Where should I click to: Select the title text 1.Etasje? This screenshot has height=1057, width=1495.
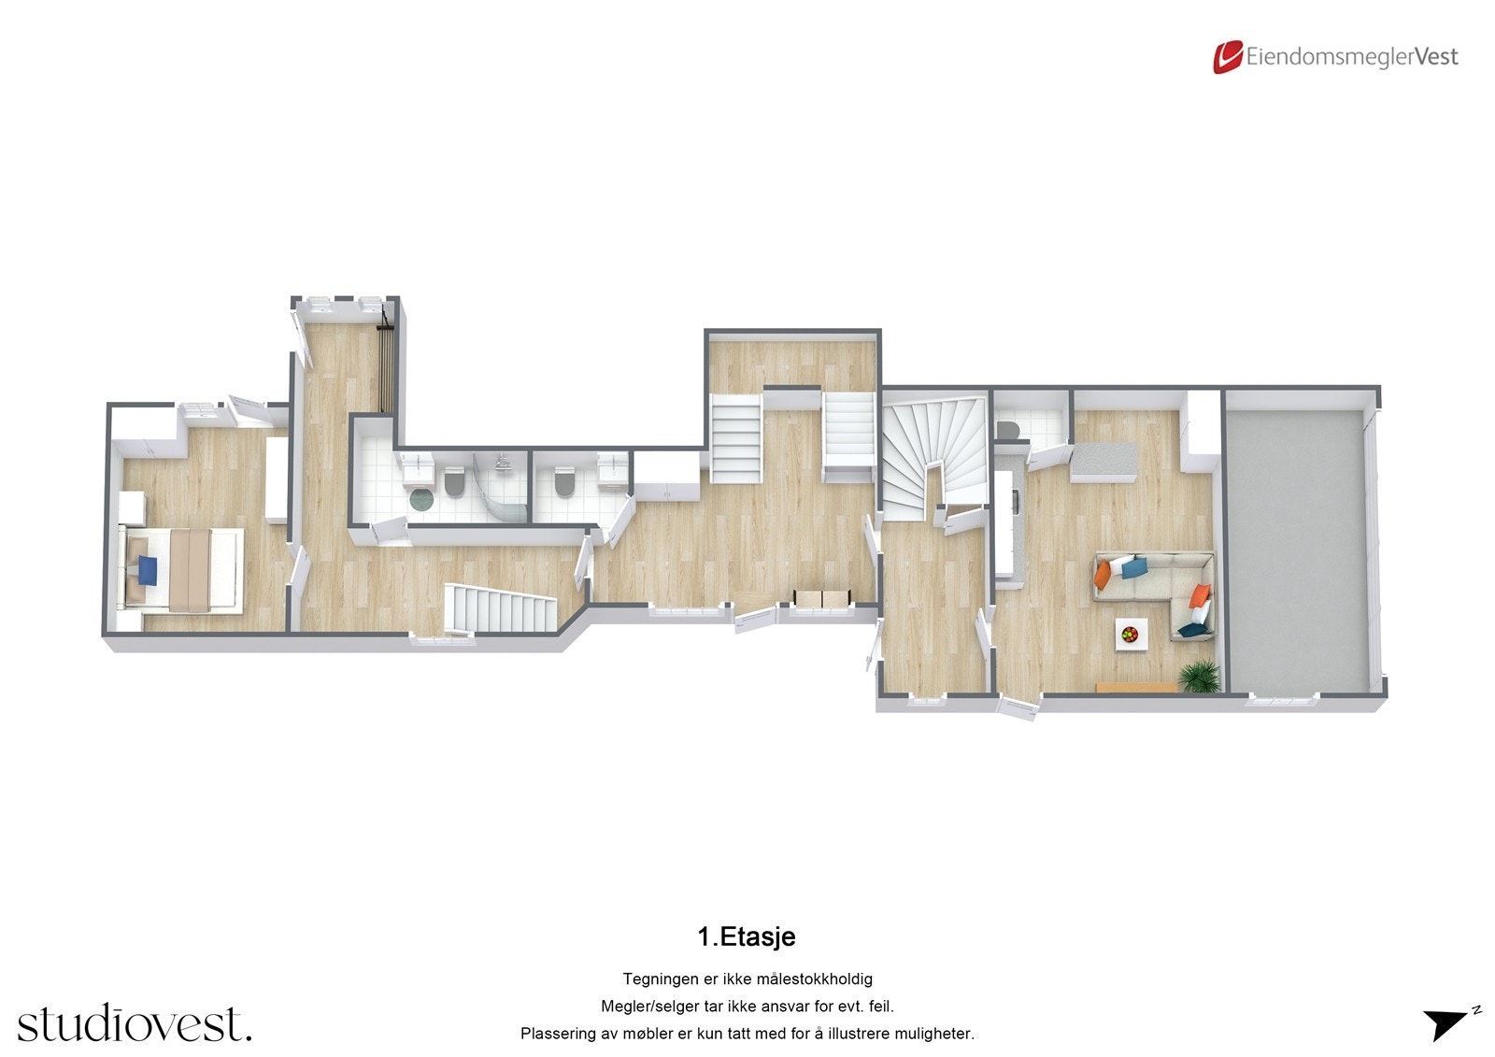tap(747, 936)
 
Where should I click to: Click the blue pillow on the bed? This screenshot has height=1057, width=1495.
tap(146, 569)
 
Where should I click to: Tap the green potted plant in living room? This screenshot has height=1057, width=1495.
tap(1200, 676)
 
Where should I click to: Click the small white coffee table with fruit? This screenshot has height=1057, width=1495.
tap(1132, 635)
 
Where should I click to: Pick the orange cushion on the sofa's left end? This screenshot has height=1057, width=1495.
tap(1103, 573)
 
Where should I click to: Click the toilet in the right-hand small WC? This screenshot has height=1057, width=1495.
tap(563, 482)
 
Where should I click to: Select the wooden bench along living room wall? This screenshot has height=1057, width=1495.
tap(1136, 687)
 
